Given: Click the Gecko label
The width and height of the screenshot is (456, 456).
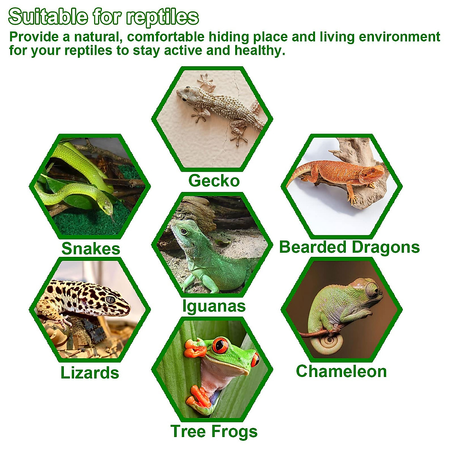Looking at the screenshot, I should pyautogui.click(x=214, y=181).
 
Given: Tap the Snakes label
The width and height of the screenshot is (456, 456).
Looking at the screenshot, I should pyautogui.click(x=91, y=249).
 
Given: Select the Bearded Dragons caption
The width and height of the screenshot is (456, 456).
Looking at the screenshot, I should pyautogui.click(x=349, y=247).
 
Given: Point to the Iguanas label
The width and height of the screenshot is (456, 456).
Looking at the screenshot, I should pyautogui.click(x=214, y=306).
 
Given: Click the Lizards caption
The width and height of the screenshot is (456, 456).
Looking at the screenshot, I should pyautogui.click(x=90, y=373).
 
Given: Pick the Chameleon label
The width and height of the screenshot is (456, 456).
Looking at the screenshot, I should pyautogui.click(x=341, y=371).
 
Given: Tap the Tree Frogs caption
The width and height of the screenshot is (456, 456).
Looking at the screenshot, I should pyautogui.click(x=214, y=432).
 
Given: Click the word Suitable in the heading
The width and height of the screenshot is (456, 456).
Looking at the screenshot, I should pyautogui.click(x=48, y=17).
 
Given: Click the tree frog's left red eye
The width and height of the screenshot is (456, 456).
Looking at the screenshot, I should pyautogui.click(x=220, y=345).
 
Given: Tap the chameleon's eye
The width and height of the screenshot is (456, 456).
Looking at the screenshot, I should pyautogui.click(x=374, y=291).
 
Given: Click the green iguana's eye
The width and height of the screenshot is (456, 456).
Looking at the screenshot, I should pyautogui.click(x=184, y=231).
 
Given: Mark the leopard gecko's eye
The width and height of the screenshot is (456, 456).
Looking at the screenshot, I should pyautogui.click(x=110, y=299).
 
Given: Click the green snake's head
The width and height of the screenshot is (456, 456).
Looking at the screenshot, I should pyautogui.click(x=107, y=207).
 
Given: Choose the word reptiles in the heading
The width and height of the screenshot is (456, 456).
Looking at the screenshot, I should pyautogui.click(x=162, y=17).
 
